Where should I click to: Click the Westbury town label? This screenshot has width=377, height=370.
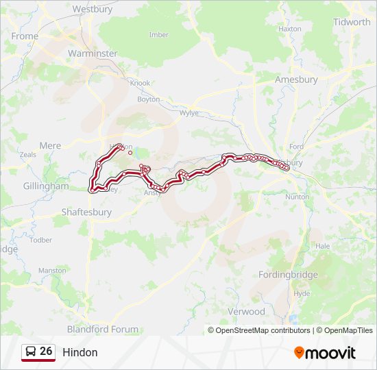tap(92, 10)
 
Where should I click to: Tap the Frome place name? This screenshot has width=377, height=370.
tap(25, 36)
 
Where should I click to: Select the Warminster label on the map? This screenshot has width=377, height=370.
tap(93, 53)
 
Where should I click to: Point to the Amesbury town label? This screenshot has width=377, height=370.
tap(296, 79)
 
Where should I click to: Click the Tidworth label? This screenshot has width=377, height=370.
tap(352, 22)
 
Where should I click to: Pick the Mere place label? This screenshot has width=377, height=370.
tap(50, 146)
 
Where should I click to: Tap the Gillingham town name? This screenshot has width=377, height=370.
tap(46, 186)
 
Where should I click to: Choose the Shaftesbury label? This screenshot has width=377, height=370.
tap(86, 212)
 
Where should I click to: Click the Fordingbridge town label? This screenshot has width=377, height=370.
tap(288, 275)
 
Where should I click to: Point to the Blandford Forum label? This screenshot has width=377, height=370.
tap(106, 329)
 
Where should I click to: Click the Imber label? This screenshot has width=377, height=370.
tap(158, 35)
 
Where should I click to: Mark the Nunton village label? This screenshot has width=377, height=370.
tap(297, 197)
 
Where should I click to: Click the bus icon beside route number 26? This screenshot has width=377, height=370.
tap(30, 351)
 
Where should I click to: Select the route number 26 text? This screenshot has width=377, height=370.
tap(46, 351)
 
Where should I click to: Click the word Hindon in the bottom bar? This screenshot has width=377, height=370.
tap(80, 352)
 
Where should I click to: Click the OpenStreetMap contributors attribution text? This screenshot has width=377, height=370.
tap(259, 330)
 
